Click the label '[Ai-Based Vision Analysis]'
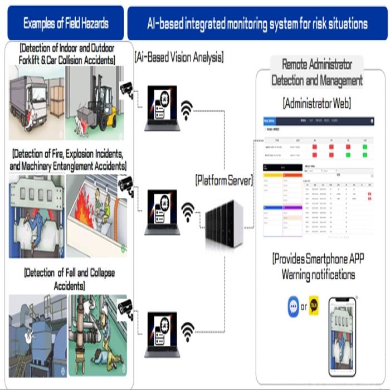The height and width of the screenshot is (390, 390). point(179,57)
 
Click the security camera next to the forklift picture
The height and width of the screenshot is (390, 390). point(126,87)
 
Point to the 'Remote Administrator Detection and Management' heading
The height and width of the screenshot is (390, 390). point(317,72)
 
